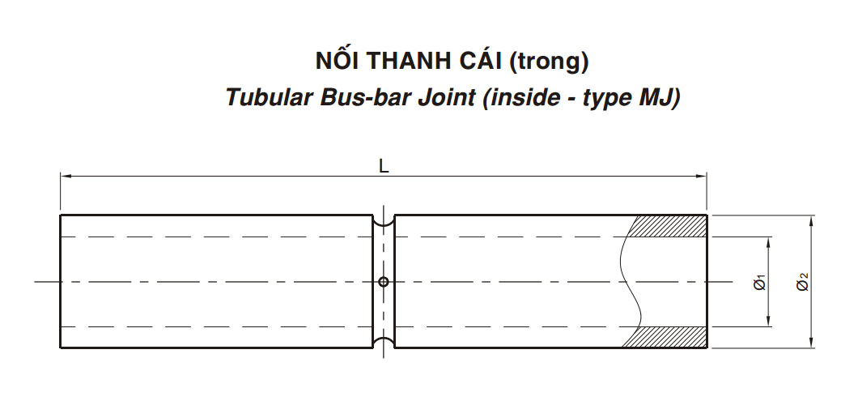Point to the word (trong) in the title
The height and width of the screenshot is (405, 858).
click(549, 62)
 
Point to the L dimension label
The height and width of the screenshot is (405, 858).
click(384, 167)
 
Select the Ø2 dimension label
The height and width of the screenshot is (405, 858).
click(803, 283)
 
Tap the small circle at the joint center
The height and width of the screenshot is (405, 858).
click(384, 282)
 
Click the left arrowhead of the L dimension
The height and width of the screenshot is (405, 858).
click(66, 177)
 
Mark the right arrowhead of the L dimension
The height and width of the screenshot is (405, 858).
click(701, 177)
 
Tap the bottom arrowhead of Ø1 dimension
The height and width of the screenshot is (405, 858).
click(768, 321)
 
